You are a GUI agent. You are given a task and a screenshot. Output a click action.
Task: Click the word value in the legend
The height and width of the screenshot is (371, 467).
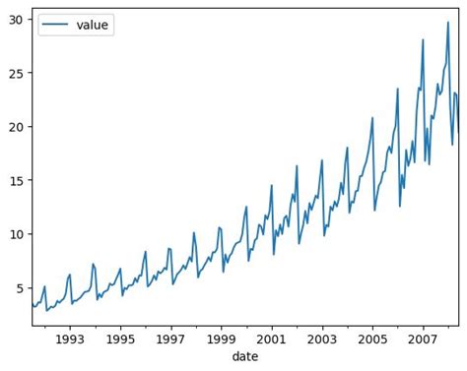coord(94,26)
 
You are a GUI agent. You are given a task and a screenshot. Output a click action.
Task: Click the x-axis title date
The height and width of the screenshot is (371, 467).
coord(244,357)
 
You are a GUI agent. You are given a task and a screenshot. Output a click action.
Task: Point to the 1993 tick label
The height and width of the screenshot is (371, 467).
coord(70,340)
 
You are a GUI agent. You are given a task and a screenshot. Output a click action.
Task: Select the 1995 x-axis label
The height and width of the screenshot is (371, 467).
coord(120,340)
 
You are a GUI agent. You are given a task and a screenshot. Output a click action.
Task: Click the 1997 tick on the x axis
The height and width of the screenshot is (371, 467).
coord(170,340)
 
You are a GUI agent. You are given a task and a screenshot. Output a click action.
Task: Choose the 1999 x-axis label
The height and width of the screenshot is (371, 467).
coord(221,340)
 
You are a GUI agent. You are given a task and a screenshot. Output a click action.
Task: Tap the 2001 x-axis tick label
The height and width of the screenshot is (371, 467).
coord(271,340)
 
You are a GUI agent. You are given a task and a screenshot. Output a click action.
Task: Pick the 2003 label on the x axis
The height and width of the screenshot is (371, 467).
coord(321,340)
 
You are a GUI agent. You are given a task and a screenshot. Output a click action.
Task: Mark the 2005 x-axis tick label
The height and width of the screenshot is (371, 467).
coord(372,340)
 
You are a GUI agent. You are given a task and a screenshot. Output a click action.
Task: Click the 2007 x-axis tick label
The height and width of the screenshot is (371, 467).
coord(423,340)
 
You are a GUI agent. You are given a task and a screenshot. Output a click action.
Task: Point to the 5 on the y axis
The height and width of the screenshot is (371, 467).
coord(21,288)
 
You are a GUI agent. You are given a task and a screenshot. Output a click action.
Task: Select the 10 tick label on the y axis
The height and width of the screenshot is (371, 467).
coord(17,234)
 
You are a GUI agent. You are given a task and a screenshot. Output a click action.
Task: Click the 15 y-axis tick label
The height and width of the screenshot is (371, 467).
coord(17,180)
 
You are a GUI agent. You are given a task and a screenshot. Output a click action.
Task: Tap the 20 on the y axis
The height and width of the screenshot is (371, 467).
coord(17,127)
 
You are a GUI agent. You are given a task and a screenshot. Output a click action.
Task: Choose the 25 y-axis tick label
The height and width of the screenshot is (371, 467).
coord(17,73)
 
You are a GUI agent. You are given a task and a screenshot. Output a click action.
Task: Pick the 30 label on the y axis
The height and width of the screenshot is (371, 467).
coord(17,20)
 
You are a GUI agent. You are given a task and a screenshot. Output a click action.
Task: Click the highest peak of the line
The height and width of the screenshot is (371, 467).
coord(447,23)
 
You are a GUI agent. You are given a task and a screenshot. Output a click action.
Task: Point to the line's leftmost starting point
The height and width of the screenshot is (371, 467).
coord(33,304)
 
